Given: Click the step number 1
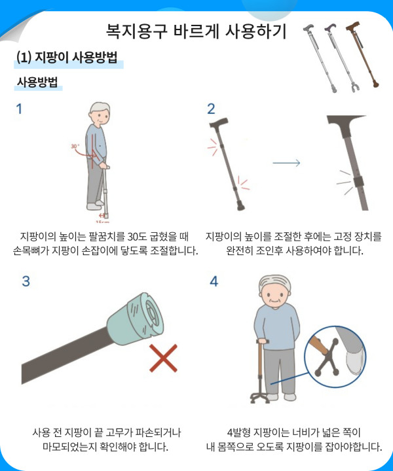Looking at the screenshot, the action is pyautogui.click(x=19, y=109).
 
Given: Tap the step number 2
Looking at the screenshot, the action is pyautogui.click(x=211, y=109).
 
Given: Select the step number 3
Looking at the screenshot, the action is pyautogui.click(x=26, y=281).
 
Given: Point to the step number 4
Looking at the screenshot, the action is pyautogui.click(x=214, y=281).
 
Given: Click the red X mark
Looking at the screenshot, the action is pyautogui.click(x=163, y=358).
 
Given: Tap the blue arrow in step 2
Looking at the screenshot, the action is pyautogui.click(x=286, y=163).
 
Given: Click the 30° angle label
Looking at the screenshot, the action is pyautogui.click(x=75, y=147).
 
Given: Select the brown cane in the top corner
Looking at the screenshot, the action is pyautogui.click(x=362, y=54).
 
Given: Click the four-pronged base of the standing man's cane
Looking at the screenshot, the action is pyautogui.click(x=260, y=398).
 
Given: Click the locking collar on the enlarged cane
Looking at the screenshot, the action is pyautogui.click(x=358, y=182).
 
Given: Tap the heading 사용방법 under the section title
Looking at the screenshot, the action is pyautogui.click(x=37, y=82).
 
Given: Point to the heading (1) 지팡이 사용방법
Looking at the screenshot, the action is pyautogui.click(x=67, y=57).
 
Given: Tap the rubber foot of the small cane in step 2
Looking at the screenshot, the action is pyautogui.click(x=240, y=206).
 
